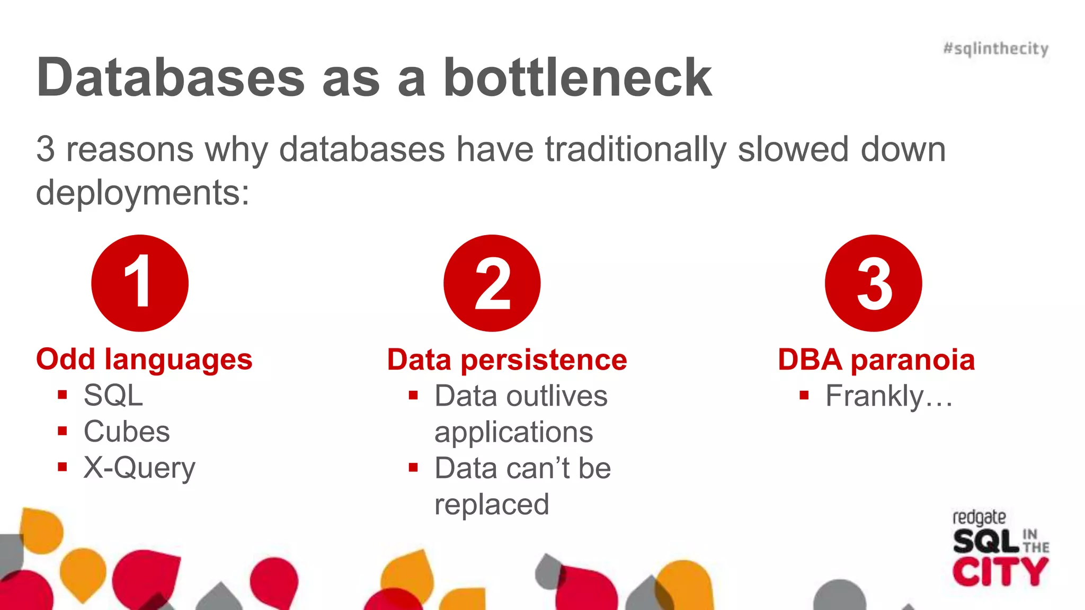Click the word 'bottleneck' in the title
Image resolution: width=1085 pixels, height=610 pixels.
[x=577, y=78]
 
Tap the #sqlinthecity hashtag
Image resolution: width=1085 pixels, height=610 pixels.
[x=995, y=49]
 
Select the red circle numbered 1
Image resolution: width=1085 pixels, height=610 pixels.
[x=140, y=283]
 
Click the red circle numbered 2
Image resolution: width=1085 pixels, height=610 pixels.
[x=492, y=283]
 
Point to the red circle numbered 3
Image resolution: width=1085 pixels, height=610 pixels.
[x=873, y=283]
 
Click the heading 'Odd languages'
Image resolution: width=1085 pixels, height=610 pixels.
[x=144, y=360]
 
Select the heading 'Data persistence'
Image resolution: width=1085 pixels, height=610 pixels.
[x=507, y=360]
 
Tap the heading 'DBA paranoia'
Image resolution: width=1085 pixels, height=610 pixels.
[x=876, y=360]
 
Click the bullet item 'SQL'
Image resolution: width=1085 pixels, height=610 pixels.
[x=113, y=396]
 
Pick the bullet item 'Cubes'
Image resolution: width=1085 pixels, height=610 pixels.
[x=127, y=432]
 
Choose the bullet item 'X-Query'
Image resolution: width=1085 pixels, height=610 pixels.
[x=139, y=468]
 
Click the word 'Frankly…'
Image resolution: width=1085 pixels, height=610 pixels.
[x=889, y=396]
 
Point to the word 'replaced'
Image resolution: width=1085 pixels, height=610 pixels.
[x=492, y=504]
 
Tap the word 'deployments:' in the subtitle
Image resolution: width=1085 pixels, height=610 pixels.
[x=143, y=193]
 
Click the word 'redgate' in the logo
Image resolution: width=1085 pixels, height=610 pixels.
[x=979, y=517]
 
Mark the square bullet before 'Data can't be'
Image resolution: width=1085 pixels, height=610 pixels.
[x=413, y=467]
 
